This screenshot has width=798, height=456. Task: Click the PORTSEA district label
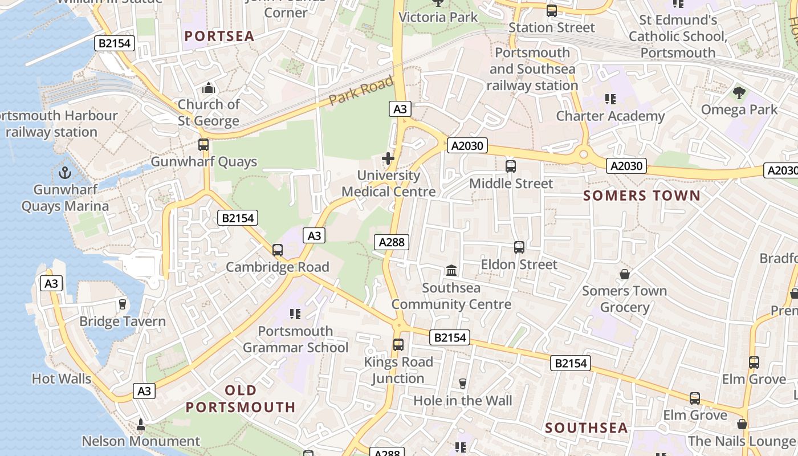(219, 36)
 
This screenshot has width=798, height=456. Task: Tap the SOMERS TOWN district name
(642, 196)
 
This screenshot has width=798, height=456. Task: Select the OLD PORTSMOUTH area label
(241, 398)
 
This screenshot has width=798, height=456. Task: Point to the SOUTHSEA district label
(587, 428)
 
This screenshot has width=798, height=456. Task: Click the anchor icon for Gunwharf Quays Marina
(65, 172)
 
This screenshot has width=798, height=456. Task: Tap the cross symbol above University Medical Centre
(389, 158)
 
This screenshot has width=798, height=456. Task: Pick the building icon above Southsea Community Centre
(451, 270)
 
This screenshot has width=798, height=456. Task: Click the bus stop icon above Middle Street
(511, 166)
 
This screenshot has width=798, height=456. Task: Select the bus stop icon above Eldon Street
(519, 247)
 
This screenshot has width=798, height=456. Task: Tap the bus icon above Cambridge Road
(278, 250)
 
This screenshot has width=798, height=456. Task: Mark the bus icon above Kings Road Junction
(398, 344)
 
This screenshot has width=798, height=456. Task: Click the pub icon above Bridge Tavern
(122, 304)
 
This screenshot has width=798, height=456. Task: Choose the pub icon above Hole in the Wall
(462, 384)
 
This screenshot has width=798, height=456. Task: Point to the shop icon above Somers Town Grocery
(625, 274)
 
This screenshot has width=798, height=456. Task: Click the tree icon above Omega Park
(739, 92)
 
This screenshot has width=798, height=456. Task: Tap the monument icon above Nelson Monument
(141, 425)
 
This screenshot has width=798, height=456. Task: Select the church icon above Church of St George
(209, 88)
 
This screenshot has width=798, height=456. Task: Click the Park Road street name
(361, 91)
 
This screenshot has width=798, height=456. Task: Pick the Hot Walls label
(62, 378)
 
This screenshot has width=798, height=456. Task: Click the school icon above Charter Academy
(610, 99)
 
